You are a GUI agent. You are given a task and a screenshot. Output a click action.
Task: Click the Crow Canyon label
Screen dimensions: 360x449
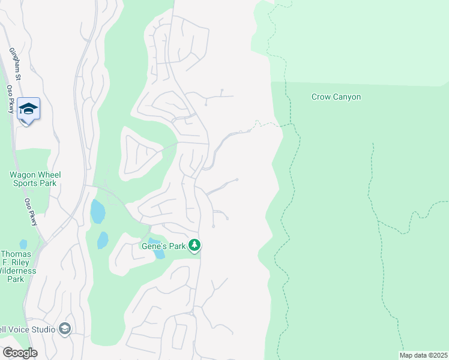pos(336,97)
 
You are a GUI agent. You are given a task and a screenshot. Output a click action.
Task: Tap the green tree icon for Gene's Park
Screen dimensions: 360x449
pos(194,245)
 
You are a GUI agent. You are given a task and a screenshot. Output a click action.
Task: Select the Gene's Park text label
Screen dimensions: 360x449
pos(162,245)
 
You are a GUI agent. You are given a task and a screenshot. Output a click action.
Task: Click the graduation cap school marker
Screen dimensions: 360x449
pos(28,109)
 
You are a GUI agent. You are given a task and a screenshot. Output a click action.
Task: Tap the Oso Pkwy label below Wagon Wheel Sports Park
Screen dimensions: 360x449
pos(31,212)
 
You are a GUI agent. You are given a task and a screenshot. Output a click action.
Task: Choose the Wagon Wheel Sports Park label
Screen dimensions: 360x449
pos(35,179)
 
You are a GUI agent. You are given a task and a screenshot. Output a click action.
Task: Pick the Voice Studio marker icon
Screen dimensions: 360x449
pos(65,329)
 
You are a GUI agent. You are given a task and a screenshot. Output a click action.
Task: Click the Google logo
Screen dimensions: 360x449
pos(19,353)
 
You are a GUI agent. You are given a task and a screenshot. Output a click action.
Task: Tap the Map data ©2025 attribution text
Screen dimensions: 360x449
pos(423,355)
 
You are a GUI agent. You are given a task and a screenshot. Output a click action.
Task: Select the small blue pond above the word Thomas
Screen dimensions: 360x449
pos(23,244)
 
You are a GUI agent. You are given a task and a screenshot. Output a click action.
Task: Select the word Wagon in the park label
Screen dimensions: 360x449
pos(22,175)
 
